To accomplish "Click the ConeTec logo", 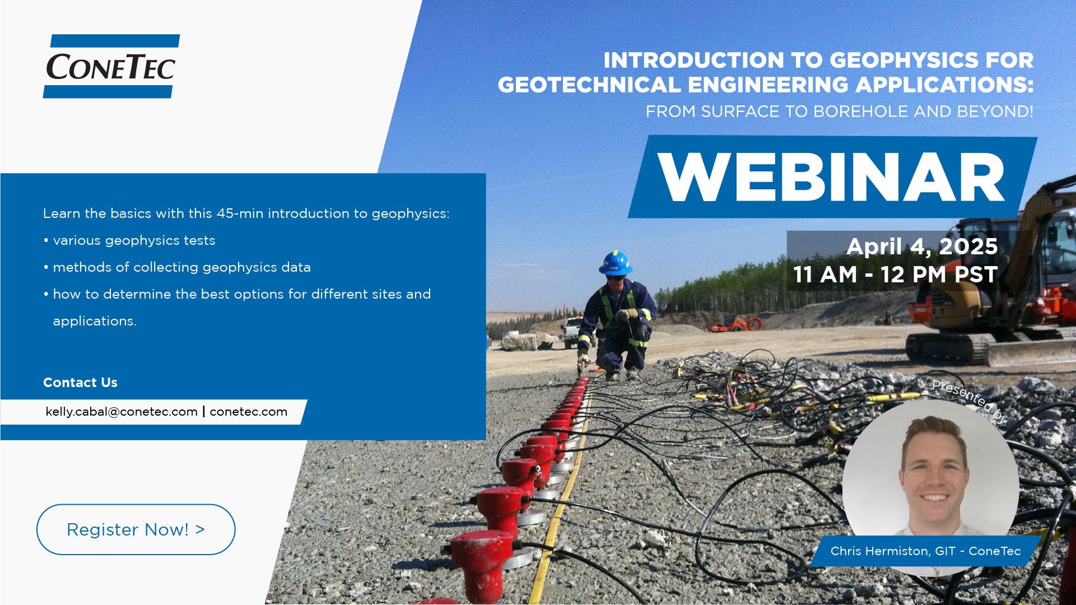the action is coord(111,66).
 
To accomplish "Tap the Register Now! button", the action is coord(136,529).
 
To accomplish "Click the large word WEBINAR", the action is coord(831,177).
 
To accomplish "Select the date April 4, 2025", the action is coord(922,246).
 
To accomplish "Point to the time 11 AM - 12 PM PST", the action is coord(895,274).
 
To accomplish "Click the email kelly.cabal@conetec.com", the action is coord(122,412).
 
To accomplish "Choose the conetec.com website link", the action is coord(249,412).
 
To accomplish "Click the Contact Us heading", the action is coord(80,383).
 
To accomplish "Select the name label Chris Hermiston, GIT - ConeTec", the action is coord(925,551).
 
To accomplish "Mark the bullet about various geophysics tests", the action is coord(129,240).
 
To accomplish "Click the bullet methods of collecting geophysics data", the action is coord(177,267).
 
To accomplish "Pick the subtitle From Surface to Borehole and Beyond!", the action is coord(839,111).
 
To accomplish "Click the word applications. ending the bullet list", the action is coord(95,322).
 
